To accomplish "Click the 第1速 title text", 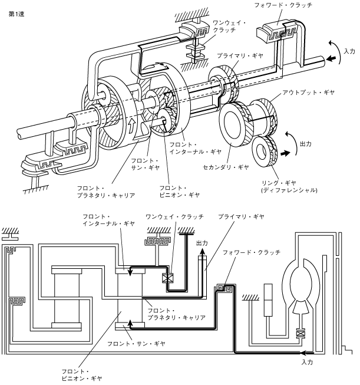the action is [x=16, y=14].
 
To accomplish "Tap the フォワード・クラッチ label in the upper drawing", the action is [x=283, y=5].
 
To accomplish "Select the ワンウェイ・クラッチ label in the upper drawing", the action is [x=229, y=27].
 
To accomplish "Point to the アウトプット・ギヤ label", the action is [x=309, y=93].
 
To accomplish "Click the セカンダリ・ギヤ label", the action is [x=226, y=167].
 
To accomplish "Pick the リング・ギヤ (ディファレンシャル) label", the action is [x=289, y=187].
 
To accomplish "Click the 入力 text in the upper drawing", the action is [x=349, y=51].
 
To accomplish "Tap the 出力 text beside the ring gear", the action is [x=306, y=144].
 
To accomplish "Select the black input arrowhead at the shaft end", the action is [x=331, y=59].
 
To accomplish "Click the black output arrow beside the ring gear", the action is [x=285, y=153].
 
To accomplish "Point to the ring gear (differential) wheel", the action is [x=265, y=152].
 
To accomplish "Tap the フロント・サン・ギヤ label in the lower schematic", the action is [x=136, y=344].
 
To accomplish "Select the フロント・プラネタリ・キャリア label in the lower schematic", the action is [x=176, y=314].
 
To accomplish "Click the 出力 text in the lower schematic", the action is [x=202, y=243].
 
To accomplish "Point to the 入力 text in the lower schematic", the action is [x=307, y=362].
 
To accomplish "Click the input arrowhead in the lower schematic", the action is [x=303, y=353].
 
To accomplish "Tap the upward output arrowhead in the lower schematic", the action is [x=202, y=251].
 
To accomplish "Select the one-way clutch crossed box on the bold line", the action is [x=167, y=278].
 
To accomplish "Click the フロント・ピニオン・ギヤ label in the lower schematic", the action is [x=81, y=375].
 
